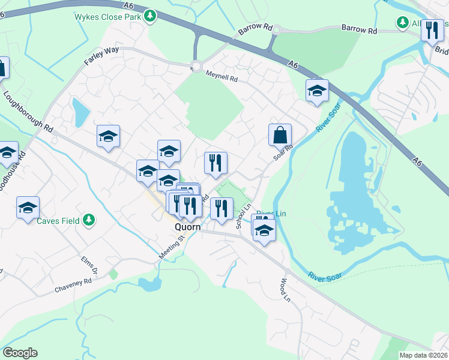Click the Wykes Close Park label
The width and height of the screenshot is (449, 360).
[107, 16]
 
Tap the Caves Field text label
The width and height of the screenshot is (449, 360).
[59, 220]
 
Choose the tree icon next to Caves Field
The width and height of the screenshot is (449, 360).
[89, 220]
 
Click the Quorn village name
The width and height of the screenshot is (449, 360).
[187, 228]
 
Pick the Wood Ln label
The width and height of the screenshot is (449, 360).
[285, 290]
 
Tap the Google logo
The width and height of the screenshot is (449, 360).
[20, 353]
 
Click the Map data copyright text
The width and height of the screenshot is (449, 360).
[423, 355]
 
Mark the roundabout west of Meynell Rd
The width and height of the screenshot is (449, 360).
[196, 67]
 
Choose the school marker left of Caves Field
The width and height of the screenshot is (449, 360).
[28, 208]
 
